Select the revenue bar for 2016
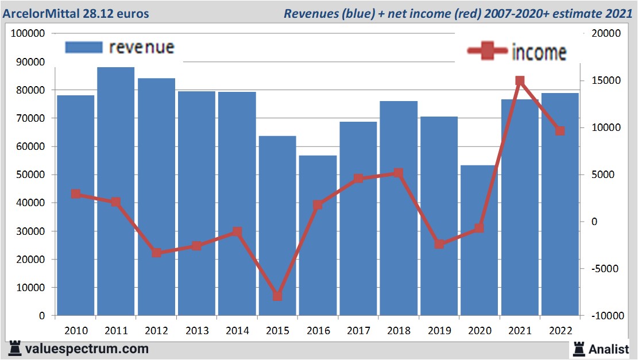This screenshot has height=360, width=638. tap(318, 235)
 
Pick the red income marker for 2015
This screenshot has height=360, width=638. tap(277, 296)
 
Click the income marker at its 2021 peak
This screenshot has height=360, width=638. tap(520, 81)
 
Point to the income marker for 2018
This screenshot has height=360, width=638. tap(399, 173)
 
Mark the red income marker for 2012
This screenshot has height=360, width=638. tap(156, 253)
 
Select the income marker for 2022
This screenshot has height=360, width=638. tap(560, 131)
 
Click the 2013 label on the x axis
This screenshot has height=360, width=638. tap(196, 330)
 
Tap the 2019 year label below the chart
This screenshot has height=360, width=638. tap(439, 330)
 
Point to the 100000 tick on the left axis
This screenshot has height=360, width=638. tap(28, 34)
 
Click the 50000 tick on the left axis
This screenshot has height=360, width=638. tap(30, 175)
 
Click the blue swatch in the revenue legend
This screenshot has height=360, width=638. tap(84, 48)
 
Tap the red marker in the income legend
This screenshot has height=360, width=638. tap(488, 51)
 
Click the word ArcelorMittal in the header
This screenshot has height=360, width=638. tap(39, 13)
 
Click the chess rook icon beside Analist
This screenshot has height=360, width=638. tap(578, 349)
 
